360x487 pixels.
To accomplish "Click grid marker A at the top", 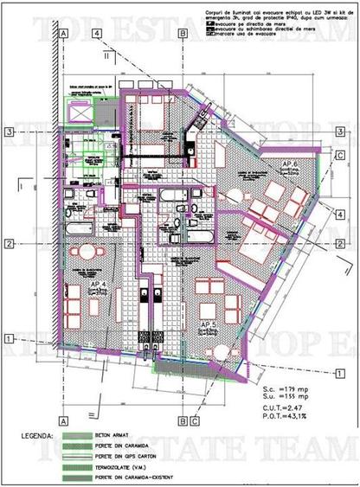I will click(x=64, y=33).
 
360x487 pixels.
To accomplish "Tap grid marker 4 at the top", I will click(x=99, y=33).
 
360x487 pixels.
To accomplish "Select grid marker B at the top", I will click(x=184, y=33).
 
